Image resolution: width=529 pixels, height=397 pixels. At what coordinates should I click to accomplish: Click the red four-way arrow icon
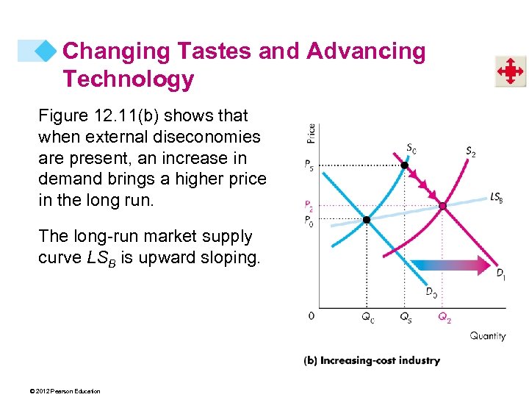[509, 71]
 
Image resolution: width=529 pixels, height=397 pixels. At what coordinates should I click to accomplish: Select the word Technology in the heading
[128, 79]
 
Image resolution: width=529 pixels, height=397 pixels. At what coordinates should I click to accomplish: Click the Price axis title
[311, 133]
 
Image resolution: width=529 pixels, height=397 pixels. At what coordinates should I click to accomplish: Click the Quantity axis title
[488, 336]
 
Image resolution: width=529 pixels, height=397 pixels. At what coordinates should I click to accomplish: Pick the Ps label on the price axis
[310, 165]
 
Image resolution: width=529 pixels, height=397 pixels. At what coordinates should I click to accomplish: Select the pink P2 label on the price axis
[310, 206]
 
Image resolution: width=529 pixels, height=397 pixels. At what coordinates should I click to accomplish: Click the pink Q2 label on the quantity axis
[445, 317]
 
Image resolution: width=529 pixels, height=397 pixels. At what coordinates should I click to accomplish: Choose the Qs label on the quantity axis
[406, 317]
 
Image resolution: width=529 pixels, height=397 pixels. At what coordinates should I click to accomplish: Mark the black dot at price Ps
[403, 165]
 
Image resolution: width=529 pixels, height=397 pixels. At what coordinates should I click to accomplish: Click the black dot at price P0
[366, 219]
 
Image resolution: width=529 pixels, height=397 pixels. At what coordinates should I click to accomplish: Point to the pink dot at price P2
[442, 206]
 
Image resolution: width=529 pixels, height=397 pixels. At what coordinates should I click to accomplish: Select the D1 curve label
[500, 274]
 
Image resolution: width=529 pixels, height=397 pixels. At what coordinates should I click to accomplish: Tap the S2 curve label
[470, 151]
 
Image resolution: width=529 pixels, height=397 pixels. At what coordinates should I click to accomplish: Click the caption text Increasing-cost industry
[380, 360]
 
